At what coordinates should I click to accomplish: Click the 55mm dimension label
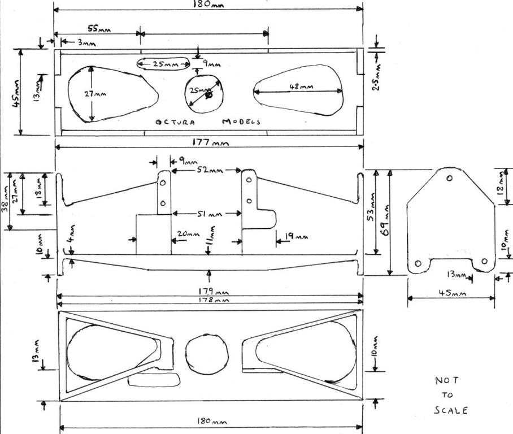99,28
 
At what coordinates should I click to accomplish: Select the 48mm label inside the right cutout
301,86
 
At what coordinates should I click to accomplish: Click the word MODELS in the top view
241,121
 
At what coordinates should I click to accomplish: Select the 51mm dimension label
208,214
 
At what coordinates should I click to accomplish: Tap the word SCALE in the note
450,410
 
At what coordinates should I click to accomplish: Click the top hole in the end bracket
449,179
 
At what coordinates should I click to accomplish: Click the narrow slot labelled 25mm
163,64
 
